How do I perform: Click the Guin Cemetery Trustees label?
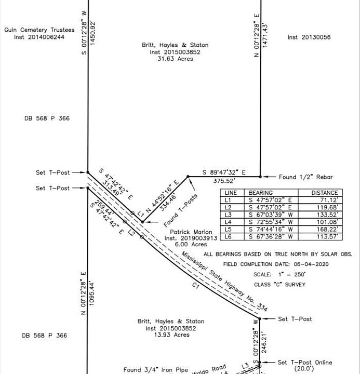(39, 30)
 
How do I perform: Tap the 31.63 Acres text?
(175, 59)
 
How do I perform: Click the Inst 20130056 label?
(309, 37)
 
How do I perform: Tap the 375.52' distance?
(224, 181)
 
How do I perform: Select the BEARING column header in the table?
(261, 193)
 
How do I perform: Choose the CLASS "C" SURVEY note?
(280, 284)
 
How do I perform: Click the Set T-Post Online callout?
(304, 363)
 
